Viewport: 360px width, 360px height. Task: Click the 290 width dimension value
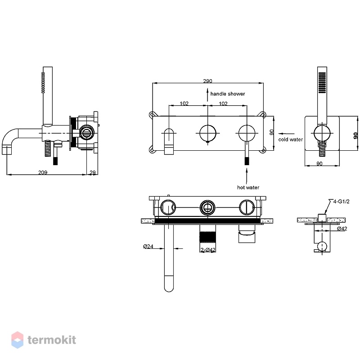(x=207, y=81)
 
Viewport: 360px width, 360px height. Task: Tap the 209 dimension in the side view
(x=43, y=172)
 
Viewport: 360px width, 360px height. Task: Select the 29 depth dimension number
(x=93, y=172)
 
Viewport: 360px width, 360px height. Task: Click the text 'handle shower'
(x=228, y=94)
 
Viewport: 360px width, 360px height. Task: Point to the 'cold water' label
(x=290, y=139)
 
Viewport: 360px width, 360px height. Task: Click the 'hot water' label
(x=248, y=187)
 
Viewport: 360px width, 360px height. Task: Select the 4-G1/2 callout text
(x=341, y=201)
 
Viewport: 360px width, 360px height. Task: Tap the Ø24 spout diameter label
(x=148, y=246)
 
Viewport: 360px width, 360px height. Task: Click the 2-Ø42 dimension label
(x=208, y=250)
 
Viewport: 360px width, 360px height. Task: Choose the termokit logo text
(x=52, y=340)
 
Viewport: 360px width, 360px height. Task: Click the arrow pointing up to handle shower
(x=207, y=95)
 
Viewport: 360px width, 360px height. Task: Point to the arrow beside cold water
(x=286, y=133)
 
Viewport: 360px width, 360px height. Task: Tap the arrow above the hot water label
(x=247, y=175)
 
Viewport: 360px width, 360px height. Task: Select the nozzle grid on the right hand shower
(x=322, y=83)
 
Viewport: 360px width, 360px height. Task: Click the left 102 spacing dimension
(x=184, y=103)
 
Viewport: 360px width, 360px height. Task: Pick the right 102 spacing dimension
(x=223, y=103)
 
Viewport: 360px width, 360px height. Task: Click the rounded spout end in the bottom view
(x=169, y=288)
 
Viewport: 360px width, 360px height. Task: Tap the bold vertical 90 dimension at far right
(x=355, y=135)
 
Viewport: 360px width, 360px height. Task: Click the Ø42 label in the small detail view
(x=342, y=229)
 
